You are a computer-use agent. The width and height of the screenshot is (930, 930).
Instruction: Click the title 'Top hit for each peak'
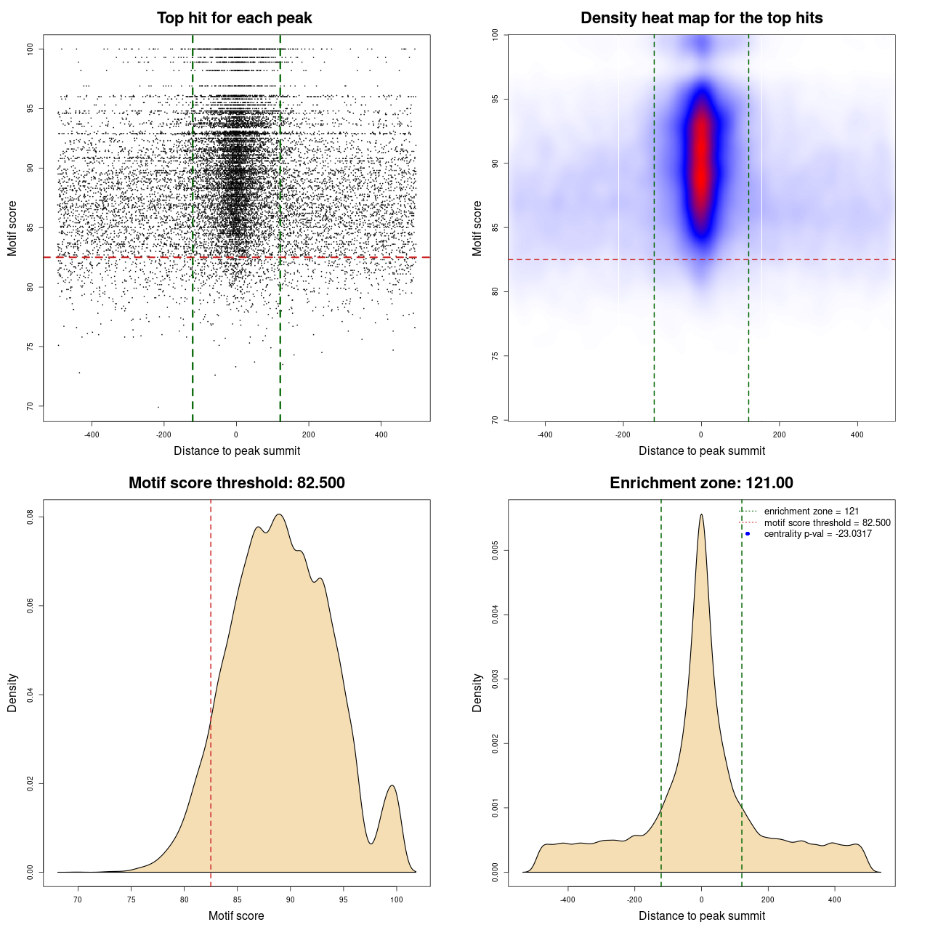pos(234,18)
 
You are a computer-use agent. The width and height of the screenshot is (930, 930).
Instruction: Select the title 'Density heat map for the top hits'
pos(701,18)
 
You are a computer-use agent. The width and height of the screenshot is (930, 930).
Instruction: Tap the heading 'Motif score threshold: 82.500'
pos(236,483)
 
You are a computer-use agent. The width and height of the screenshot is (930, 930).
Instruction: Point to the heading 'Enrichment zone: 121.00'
pos(701,483)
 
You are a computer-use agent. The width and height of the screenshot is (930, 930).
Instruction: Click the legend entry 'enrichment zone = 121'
pos(811,511)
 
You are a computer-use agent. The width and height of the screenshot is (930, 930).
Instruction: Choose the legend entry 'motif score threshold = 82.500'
pos(827,522)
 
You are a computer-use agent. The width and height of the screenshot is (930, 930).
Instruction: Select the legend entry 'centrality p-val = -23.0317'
pos(817,534)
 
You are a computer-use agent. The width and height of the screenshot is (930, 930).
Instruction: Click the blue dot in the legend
pos(748,534)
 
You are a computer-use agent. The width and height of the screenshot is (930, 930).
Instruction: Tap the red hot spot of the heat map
pos(701,163)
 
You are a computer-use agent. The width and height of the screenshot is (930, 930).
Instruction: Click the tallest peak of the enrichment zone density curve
pos(701,515)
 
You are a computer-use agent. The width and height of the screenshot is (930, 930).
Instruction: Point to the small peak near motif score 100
pos(392,786)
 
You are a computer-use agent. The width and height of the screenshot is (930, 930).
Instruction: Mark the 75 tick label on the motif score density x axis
pos(131,899)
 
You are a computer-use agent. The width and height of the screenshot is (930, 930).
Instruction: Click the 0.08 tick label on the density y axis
pos(30,517)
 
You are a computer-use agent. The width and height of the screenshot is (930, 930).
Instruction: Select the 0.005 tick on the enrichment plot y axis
pos(495,551)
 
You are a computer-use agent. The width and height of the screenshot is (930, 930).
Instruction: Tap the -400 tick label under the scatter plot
pos(92,434)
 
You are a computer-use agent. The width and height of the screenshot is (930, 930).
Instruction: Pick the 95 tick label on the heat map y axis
pos(495,99)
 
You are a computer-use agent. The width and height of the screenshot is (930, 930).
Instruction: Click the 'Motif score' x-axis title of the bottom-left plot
pos(236,915)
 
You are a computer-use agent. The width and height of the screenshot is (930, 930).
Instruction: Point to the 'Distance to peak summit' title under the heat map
pos(701,450)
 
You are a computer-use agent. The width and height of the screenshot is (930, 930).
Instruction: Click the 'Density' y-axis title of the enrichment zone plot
pos(477,692)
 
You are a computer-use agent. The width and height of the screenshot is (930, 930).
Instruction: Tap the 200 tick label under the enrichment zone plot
pos(768,899)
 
